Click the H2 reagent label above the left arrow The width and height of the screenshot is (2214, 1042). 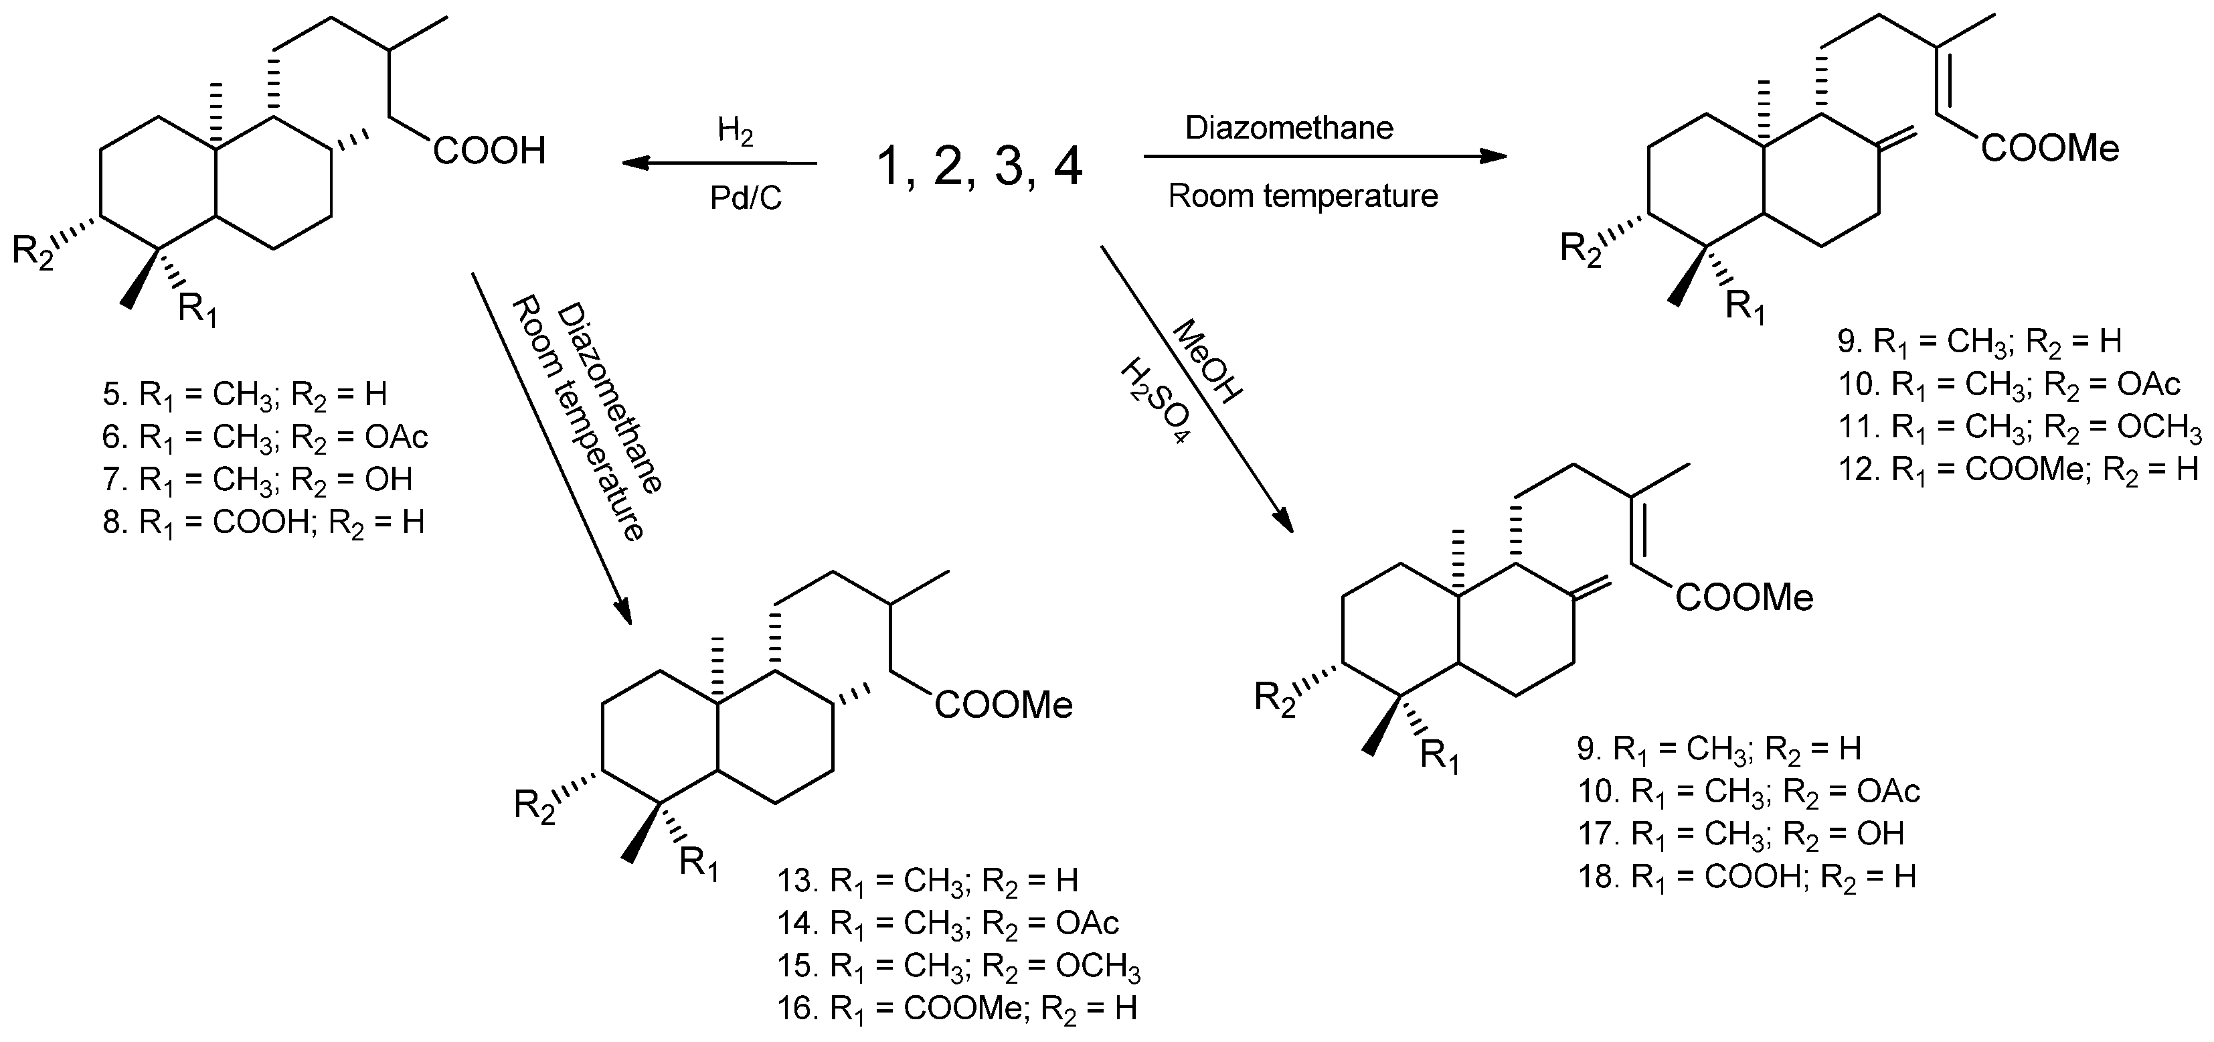(735, 133)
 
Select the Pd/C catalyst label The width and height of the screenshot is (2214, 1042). (745, 199)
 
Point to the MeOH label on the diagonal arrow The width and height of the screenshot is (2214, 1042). (1207, 361)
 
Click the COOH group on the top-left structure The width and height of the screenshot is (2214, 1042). (489, 151)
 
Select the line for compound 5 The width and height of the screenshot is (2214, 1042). (245, 394)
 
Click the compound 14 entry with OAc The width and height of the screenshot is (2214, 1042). (948, 923)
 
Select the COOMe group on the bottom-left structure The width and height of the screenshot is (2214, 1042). (1004, 706)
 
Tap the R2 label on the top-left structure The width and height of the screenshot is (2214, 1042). (33, 252)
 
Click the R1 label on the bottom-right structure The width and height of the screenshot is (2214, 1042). (1440, 757)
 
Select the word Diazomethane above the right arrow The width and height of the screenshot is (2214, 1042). (1288, 128)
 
